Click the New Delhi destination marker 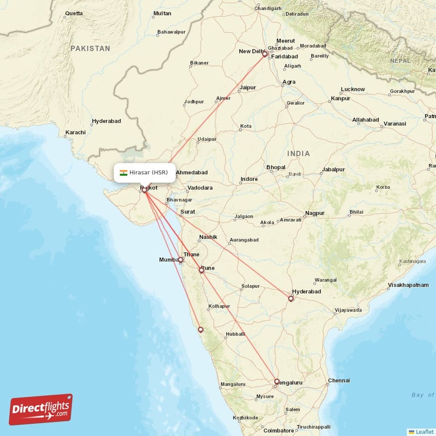265,55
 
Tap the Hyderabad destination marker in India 291,298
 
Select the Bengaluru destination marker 277,381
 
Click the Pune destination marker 202,270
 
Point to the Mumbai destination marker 180,260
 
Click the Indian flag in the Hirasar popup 124,173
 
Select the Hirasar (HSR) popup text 149,173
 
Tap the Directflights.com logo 41,409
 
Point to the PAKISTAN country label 90,49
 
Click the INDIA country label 298,154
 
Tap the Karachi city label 75,132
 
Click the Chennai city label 338,381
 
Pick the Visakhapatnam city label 411,285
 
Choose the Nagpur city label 314,213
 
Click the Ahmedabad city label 191,172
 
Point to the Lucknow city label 353,89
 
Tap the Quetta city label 74,13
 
